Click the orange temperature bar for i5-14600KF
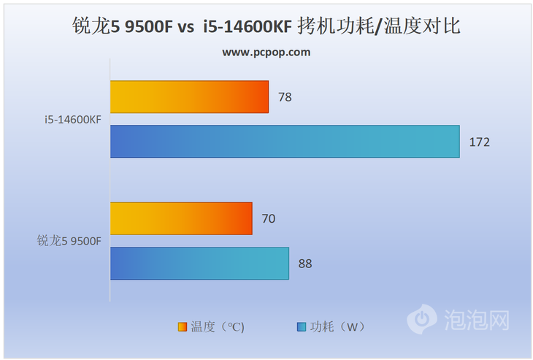(190, 96)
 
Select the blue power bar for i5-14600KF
(285, 142)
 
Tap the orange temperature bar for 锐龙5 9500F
(181, 218)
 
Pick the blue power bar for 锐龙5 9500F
(199, 263)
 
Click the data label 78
(285, 96)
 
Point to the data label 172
(479, 142)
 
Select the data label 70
(268, 218)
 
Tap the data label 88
(305, 263)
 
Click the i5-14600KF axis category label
(72, 120)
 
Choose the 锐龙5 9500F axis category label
(69, 241)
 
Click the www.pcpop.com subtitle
(266, 52)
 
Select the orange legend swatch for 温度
(182, 326)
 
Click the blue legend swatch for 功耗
(301, 326)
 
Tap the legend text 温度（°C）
(217, 326)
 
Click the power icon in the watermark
(421, 318)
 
